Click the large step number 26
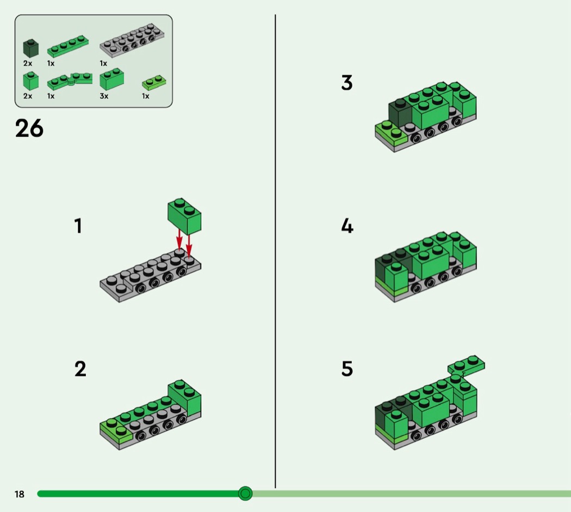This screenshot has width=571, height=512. coord(29,128)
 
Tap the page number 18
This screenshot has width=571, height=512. coord(19,494)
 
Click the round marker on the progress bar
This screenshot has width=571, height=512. coord(245,494)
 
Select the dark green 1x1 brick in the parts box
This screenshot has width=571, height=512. coord(30,48)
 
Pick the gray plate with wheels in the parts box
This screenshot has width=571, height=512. coord(132,40)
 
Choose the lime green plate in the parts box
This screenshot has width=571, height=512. coord(154,83)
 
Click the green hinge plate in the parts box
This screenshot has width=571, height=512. coord(70,81)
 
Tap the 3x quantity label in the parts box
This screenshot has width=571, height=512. coord(104,96)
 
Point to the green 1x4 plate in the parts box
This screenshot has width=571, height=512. coord(68,46)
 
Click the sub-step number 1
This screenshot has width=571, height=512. coord(78,226)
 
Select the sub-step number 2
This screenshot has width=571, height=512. coord(80,369)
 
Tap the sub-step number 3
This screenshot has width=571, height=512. coord(347,83)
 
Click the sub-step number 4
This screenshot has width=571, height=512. coord(347,226)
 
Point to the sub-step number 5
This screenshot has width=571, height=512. coord(347,369)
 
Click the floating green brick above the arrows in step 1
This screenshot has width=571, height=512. coord(184,216)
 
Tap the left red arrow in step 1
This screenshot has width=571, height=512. coord(179,239)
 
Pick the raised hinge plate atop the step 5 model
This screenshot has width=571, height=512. coord(467,365)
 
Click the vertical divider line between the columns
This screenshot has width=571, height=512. coord(275,251)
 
